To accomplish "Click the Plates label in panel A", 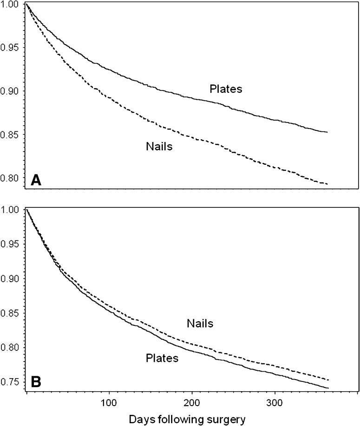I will pos(225,89).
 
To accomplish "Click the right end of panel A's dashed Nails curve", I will pos(328,184).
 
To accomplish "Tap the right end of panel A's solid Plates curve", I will pos(328,132).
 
